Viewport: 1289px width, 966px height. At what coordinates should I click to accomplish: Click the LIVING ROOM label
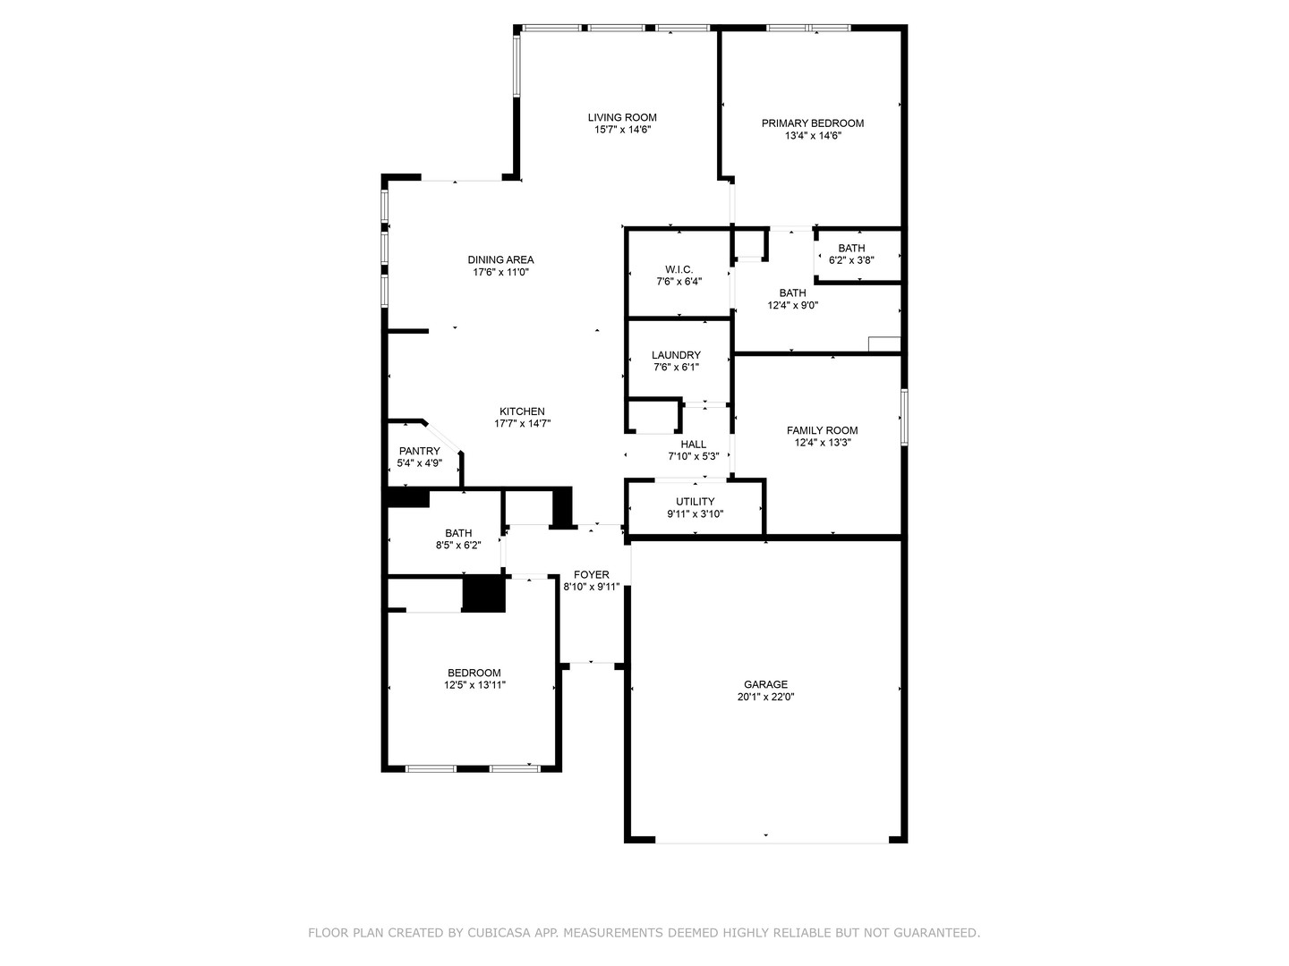coord(622,117)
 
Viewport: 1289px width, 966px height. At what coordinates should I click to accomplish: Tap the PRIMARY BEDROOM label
coord(812,123)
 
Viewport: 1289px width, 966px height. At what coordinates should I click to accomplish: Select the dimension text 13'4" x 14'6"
coord(812,136)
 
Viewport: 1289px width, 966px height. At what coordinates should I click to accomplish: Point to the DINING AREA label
coord(500,260)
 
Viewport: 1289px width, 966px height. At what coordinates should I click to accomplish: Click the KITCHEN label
coord(522,411)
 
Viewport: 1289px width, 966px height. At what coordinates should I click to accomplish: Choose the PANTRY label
coord(419,451)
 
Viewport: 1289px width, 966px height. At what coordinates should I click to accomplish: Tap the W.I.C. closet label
coord(679,269)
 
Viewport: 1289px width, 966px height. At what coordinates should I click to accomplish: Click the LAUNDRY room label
coord(676,355)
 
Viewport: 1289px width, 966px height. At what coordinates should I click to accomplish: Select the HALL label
coord(693,445)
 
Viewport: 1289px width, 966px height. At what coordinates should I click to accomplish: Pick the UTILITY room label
coord(695,502)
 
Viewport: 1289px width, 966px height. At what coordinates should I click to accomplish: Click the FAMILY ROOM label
coord(822,430)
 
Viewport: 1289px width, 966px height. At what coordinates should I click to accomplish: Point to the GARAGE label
coord(765,684)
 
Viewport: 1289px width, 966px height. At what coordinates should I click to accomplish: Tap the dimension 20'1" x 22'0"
coord(765,697)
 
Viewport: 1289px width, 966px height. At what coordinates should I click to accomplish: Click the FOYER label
coord(591,575)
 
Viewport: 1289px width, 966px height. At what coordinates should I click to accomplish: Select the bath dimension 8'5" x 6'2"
coord(458,546)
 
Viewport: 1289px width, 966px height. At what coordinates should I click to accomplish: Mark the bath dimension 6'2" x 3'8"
coord(851,260)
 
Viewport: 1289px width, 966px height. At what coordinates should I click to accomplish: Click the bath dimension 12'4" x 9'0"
coord(792,305)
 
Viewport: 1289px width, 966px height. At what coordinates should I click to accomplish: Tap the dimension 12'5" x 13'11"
coord(474,686)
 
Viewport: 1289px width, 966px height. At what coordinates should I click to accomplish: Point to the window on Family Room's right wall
coord(904,417)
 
